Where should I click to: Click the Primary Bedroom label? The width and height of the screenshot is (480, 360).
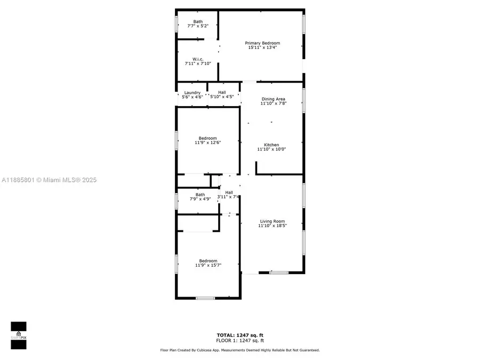point(262,43)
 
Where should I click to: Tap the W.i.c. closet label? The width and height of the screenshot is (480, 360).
point(198,59)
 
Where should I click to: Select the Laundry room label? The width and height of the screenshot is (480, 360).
point(192,93)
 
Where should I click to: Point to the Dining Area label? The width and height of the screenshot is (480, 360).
point(274,99)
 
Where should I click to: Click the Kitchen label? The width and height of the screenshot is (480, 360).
point(271,145)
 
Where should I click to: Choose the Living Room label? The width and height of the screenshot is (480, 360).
point(273,221)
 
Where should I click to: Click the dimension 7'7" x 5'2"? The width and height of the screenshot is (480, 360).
point(198,26)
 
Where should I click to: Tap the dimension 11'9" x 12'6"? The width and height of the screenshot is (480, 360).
point(208,142)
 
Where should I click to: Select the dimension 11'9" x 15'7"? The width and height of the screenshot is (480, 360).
point(208,265)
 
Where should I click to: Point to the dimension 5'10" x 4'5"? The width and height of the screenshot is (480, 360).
point(222,97)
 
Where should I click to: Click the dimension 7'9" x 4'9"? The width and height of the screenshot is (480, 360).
point(200,199)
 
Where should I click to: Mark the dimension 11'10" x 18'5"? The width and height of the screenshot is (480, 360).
point(273,226)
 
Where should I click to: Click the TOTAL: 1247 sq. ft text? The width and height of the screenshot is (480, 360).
point(240,335)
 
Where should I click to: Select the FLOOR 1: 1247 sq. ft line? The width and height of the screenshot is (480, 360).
point(240,340)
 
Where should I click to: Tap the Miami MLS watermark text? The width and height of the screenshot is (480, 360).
point(49,180)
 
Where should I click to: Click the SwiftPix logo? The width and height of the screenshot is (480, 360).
point(19,335)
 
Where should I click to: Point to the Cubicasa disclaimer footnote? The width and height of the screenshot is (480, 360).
point(240,350)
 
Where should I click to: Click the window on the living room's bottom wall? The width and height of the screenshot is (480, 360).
point(279,273)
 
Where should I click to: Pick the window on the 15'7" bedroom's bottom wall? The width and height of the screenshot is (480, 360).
point(205,298)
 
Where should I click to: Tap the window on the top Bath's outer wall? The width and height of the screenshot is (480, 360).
point(177,24)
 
